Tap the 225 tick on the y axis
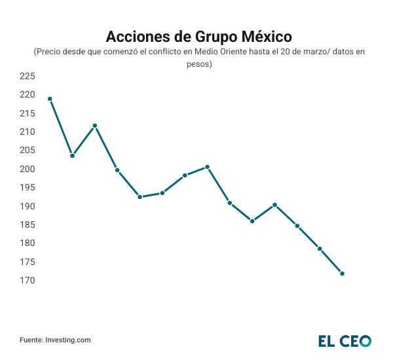[x=27, y=76]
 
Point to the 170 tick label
[x=27, y=281]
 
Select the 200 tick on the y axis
[x=27, y=169]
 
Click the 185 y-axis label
[x=27, y=225]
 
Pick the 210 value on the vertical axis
[x=27, y=132]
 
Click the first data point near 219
[x=50, y=99]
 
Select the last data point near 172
[x=342, y=274]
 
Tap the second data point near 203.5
[x=72, y=156]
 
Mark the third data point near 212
[x=95, y=126]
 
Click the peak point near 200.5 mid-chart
[x=207, y=167]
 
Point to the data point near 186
[x=252, y=221]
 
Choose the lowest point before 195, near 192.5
[x=140, y=197]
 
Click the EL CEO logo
[x=345, y=340]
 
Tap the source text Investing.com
[x=68, y=340]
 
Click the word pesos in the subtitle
[x=196, y=64]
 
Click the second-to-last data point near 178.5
[x=320, y=249]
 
